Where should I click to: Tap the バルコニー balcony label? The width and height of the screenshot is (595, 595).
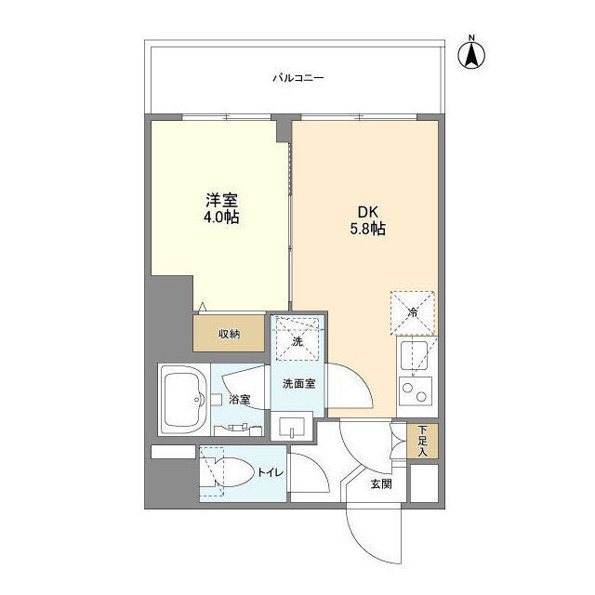[x=298, y=78]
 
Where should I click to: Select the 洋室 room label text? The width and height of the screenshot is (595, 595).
[x=221, y=200]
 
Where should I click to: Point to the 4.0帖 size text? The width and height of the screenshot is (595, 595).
[x=221, y=217]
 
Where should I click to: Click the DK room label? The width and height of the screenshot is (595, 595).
[x=368, y=212]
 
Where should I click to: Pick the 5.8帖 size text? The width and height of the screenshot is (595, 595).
[x=368, y=229]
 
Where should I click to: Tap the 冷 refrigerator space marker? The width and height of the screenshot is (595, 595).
[x=413, y=313]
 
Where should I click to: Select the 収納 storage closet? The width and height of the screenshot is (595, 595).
[x=229, y=333]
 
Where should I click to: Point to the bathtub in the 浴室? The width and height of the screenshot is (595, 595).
[x=184, y=400]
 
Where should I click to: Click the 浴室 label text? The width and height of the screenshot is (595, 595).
[x=240, y=399]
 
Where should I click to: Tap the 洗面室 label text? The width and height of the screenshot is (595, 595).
[x=299, y=384]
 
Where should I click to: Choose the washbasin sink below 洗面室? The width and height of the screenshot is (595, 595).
[x=292, y=426]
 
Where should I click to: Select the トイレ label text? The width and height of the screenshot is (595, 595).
[x=271, y=472]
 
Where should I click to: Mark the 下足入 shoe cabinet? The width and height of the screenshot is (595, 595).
[x=423, y=441]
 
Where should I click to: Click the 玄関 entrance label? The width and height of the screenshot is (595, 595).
[x=381, y=483]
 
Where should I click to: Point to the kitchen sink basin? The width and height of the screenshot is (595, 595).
[x=415, y=354]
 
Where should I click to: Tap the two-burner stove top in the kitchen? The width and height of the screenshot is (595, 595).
[x=415, y=391]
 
